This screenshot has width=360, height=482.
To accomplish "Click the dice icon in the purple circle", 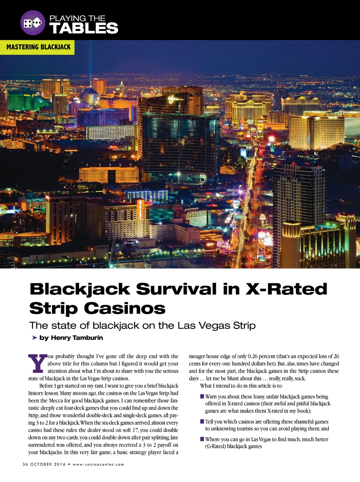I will click(x=33, y=23).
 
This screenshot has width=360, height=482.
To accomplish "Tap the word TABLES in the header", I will click(x=84, y=28).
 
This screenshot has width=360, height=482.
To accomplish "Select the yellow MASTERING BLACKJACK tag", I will click(x=38, y=47).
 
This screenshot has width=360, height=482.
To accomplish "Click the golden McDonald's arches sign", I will click(x=262, y=218).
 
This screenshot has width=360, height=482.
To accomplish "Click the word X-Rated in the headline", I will click(x=286, y=289).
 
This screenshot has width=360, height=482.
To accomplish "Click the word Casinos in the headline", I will click(x=124, y=308).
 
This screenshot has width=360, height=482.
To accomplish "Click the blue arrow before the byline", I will click(x=34, y=338).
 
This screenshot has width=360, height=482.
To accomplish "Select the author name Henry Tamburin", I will click(x=77, y=338).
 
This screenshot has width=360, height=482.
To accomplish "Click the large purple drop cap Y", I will click(x=37, y=364).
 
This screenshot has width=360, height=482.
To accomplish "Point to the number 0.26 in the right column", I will click(x=252, y=356).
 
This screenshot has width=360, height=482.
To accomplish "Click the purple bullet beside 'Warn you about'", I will click(x=202, y=397).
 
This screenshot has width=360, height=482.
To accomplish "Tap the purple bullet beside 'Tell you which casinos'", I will click(x=202, y=421).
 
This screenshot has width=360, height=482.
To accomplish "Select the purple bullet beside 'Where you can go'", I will click(x=202, y=439).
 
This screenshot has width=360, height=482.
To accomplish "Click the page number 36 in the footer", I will click(x=25, y=464).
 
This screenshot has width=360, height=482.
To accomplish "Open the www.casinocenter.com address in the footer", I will click(x=98, y=464).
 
